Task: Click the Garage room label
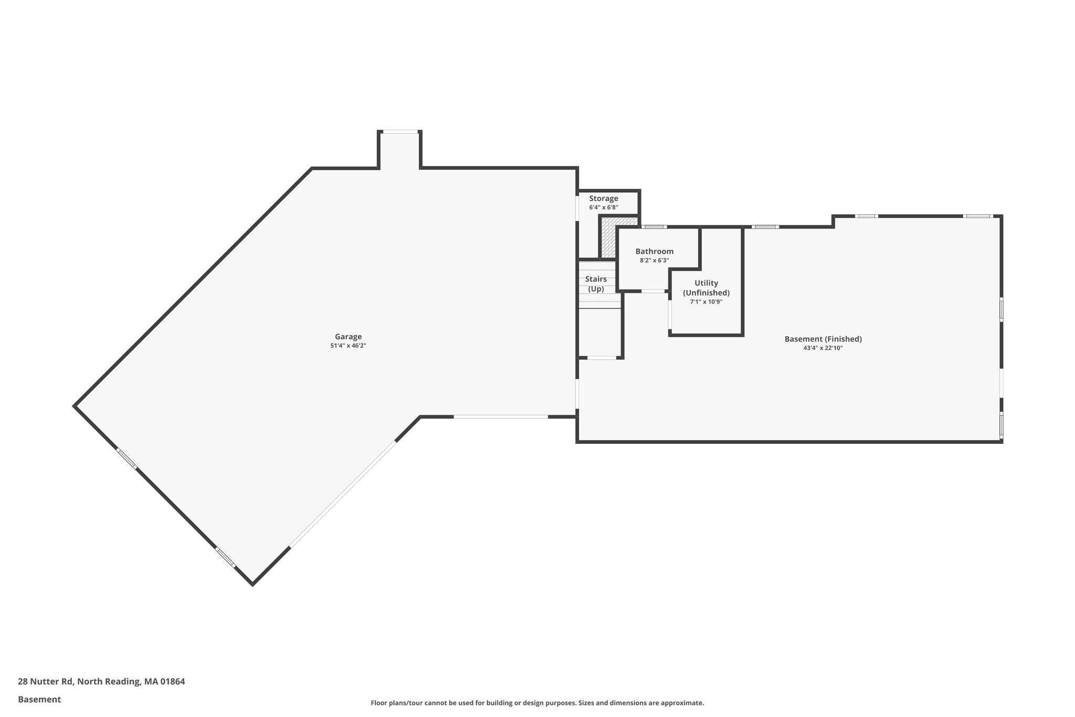pyautogui.click(x=348, y=337)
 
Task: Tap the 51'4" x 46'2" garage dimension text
pyautogui.click(x=348, y=346)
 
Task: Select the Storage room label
pyautogui.click(x=603, y=199)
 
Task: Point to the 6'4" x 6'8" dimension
pyautogui.click(x=603, y=207)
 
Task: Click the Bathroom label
pyautogui.click(x=654, y=252)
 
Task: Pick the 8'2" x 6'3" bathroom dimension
pyautogui.click(x=654, y=261)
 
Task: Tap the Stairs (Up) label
pyautogui.click(x=596, y=284)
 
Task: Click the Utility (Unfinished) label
pyautogui.click(x=706, y=288)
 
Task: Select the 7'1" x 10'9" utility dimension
pyautogui.click(x=706, y=302)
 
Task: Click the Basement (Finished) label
pyautogui.click(x=823, y=339)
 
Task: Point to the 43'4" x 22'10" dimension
pyautogui.click(x=823, y=348)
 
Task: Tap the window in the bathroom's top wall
pyautogui.click(x=654, y=227)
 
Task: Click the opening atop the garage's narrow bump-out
pyautogui.click(x=399, y=132)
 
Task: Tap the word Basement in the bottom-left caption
pyautogui.click(x=39, y=699)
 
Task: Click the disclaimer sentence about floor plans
pyautogui.click(x=537, y=703)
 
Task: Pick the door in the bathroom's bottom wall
pyautogui.click(x=653, y=291)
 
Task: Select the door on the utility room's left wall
pyautogui.click(x=670, y=314)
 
